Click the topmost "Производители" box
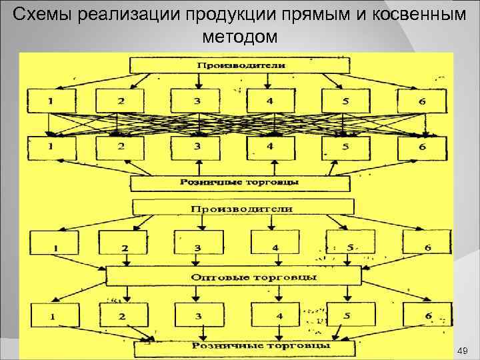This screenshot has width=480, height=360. [241, 65]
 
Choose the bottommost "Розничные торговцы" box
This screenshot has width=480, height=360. [241, 347]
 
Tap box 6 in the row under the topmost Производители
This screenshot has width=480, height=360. [421, 101]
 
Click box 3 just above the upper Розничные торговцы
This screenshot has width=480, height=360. [197, 147]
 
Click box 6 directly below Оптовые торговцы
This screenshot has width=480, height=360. [427, 314]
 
